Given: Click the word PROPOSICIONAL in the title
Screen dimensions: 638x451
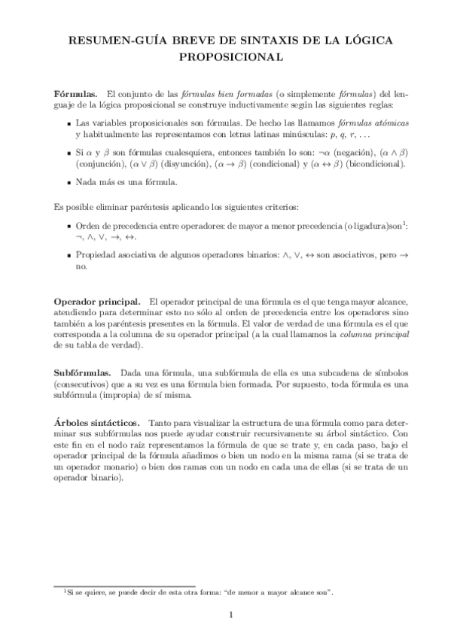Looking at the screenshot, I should (225, 56).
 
